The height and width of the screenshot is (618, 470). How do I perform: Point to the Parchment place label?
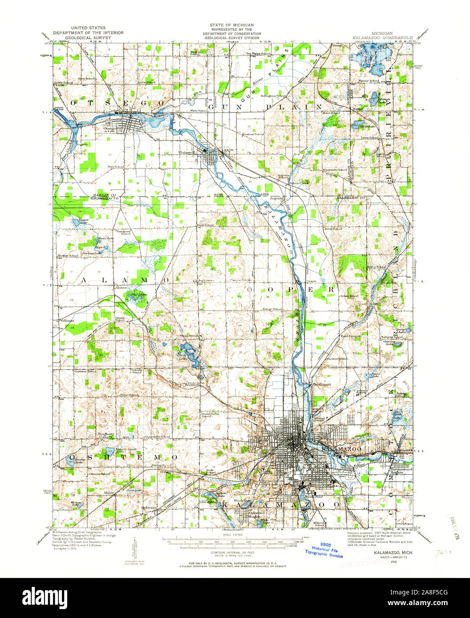click(321, 384)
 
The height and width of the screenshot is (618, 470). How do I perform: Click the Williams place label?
click(67, 320)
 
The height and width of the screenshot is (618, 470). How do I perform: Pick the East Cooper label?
click(350, 336)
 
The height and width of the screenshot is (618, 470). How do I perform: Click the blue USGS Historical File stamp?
click(324, 551)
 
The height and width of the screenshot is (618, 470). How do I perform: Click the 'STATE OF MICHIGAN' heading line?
click(232, 25)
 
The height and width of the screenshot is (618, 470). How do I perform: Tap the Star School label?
click(116, 167)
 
